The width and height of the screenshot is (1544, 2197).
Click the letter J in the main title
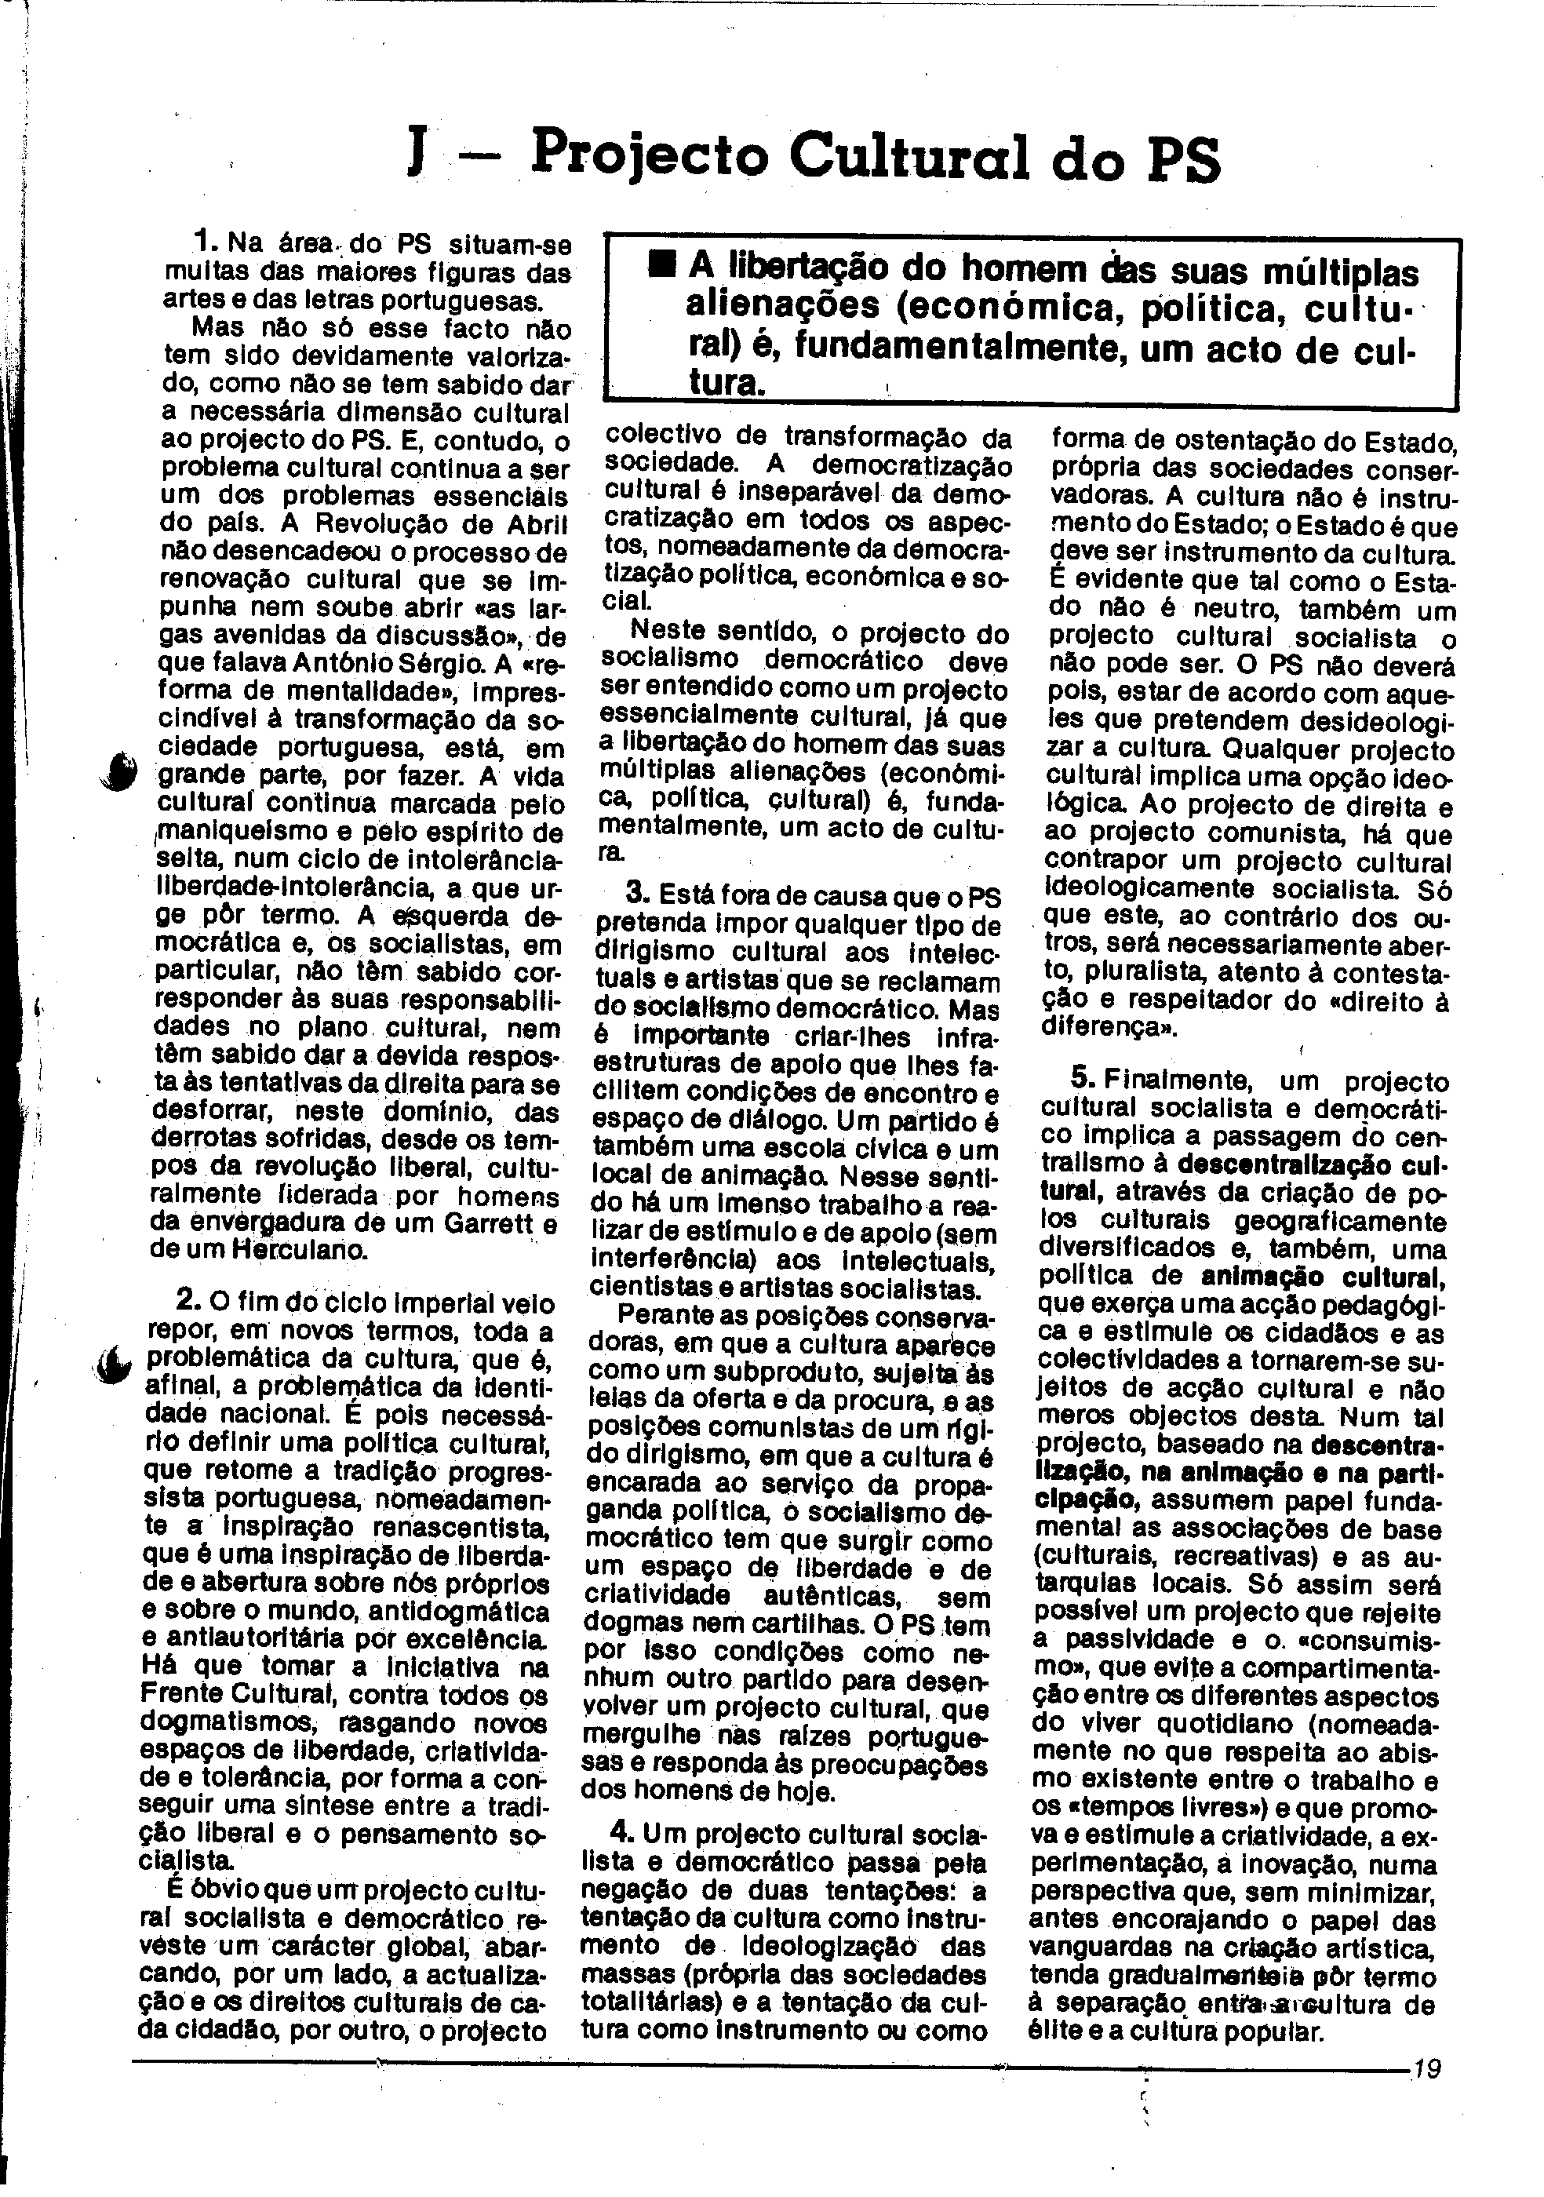415,156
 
